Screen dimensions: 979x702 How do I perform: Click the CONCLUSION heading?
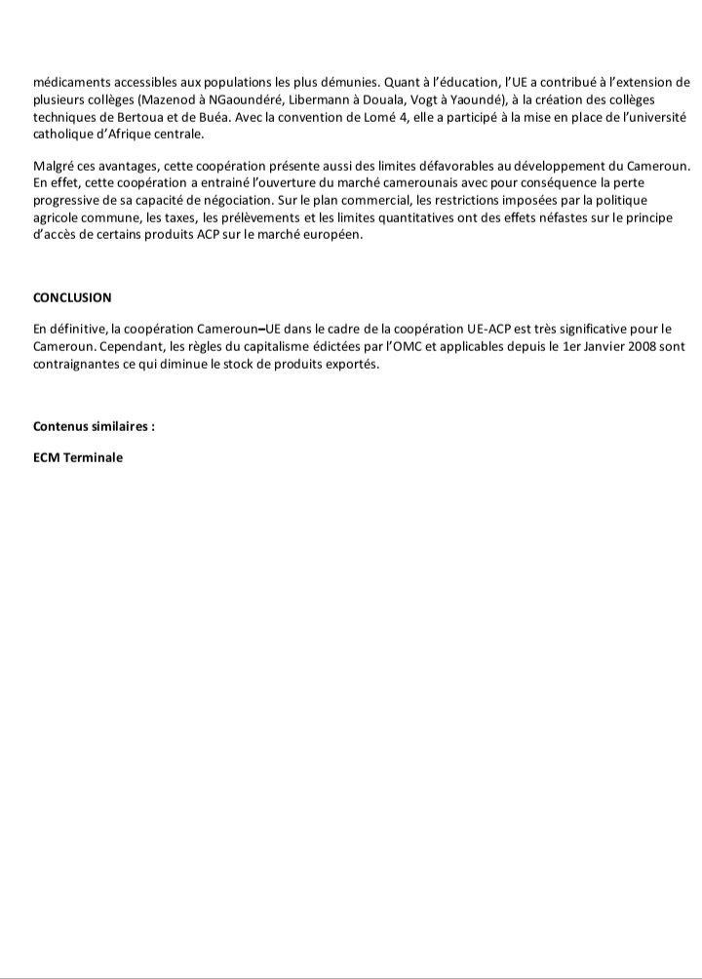pyautogui.click(x=72, y=297)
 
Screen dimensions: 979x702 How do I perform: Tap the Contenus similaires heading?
pyautogui.click(x=94, y=427)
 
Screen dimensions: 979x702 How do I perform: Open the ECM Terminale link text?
pyautogui.click(x=78, y=458)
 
